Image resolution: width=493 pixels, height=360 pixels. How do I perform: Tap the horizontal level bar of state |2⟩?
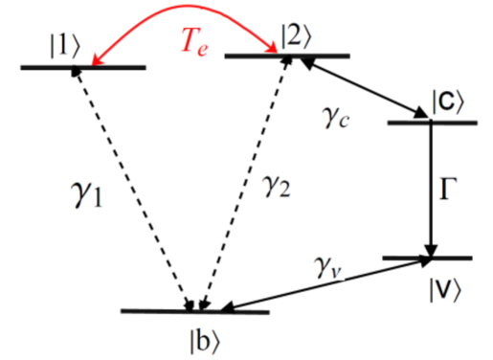point(286,56)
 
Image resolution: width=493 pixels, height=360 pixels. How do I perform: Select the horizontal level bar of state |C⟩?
point(433,123)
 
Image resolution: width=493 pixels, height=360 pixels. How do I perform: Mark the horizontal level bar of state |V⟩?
point(427,259)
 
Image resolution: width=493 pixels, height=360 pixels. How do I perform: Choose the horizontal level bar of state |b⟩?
point(195,312)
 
